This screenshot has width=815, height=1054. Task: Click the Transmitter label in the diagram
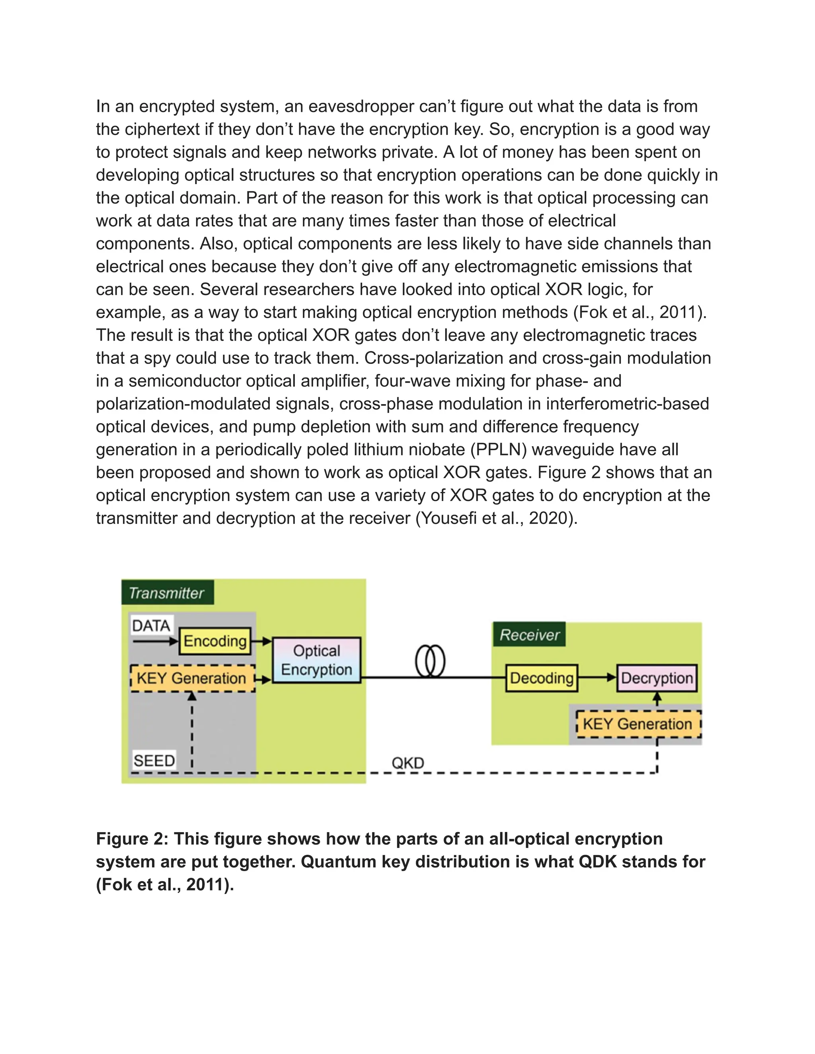pyautogui.click(x=167, y=593)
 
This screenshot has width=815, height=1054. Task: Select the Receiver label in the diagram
pyautogui.click(x=529, y=635)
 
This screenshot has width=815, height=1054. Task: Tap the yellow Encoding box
pyautogui.click(x=215, y=641)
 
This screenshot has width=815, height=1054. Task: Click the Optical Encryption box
pyautogui.click(x=317, y=660)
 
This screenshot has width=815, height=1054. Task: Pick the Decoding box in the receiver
pyautogui.click(x=542, y=678)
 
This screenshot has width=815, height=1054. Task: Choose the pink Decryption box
pyautogui.click(x=657, y=678)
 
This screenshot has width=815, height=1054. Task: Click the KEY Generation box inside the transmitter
pyautogui.click(x=192, y=678)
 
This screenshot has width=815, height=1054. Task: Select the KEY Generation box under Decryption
pyautogui.click(x=638, y=724)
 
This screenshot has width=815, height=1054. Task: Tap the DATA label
pyautogui.click(x=151, y=626)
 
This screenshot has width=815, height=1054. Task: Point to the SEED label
pyautogui.click(x=154, y=760)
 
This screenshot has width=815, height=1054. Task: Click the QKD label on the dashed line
pyautogui.click(x=408, y=763)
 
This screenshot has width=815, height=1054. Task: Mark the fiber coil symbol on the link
pyautogui.click(x=430, y=661)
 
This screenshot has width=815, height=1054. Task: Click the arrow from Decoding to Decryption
pyautogui.click(x=598, y=678)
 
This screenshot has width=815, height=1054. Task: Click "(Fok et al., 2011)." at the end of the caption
pyautogui.click(x=165, y=884)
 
